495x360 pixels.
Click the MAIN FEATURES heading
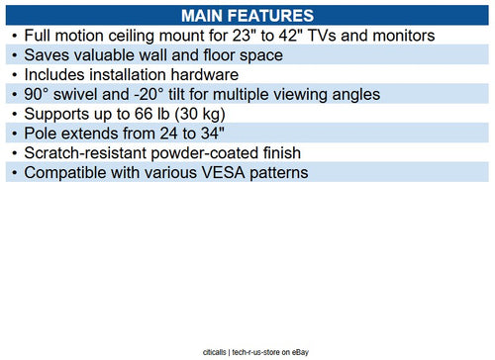tap(247, 16)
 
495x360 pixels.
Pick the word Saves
tap(49, 55)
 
